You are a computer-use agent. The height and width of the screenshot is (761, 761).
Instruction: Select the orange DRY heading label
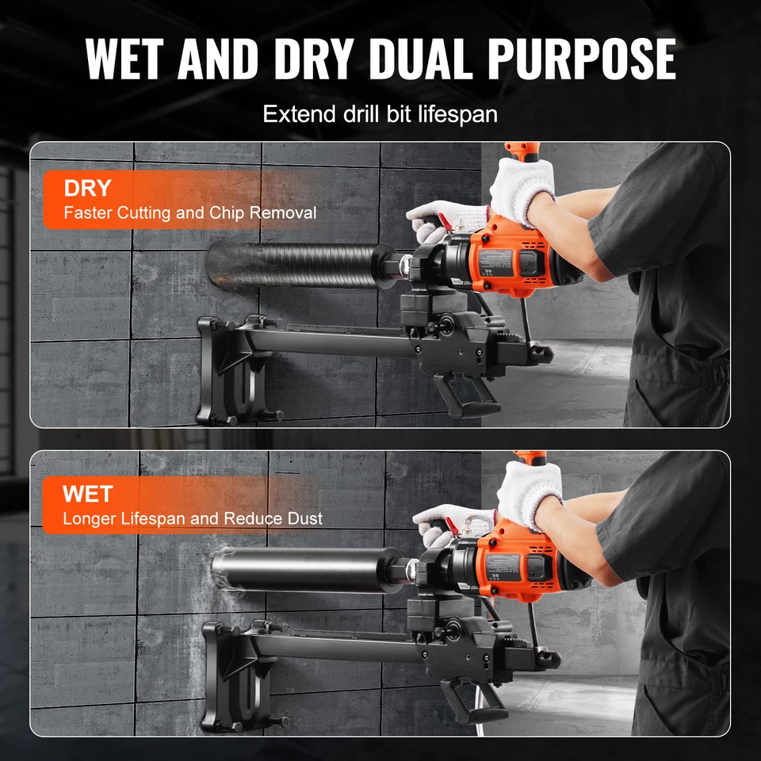point(88,189)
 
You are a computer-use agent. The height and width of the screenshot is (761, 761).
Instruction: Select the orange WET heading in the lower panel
point(88,495)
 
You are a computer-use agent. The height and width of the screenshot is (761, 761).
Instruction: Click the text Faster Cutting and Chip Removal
point(190,212)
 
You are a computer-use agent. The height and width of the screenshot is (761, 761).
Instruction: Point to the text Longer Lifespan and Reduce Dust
point(193,519)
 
